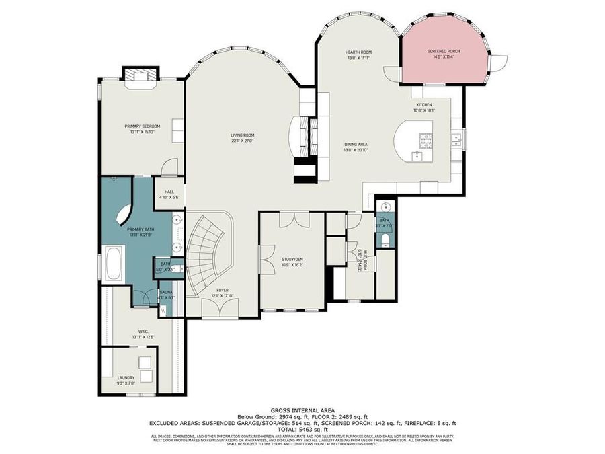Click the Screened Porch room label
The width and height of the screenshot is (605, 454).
click(444, 51)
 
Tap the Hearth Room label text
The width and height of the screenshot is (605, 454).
click(359, 52)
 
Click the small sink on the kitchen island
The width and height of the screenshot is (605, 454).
click(417, 155)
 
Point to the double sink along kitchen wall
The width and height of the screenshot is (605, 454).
click(456, 139)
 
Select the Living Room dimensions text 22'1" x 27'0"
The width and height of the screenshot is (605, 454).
click(243, 141)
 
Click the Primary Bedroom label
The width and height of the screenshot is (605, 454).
click(142, 126)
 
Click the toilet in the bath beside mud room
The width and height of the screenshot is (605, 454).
click(385, 240)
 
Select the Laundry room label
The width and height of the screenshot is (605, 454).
click(126, 377)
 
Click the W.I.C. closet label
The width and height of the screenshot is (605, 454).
click(143, 330)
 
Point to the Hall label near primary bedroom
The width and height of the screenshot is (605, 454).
click(169, 192)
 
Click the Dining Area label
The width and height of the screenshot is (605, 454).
click(356, 145)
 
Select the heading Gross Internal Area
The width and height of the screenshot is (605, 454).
click(302, 410)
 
